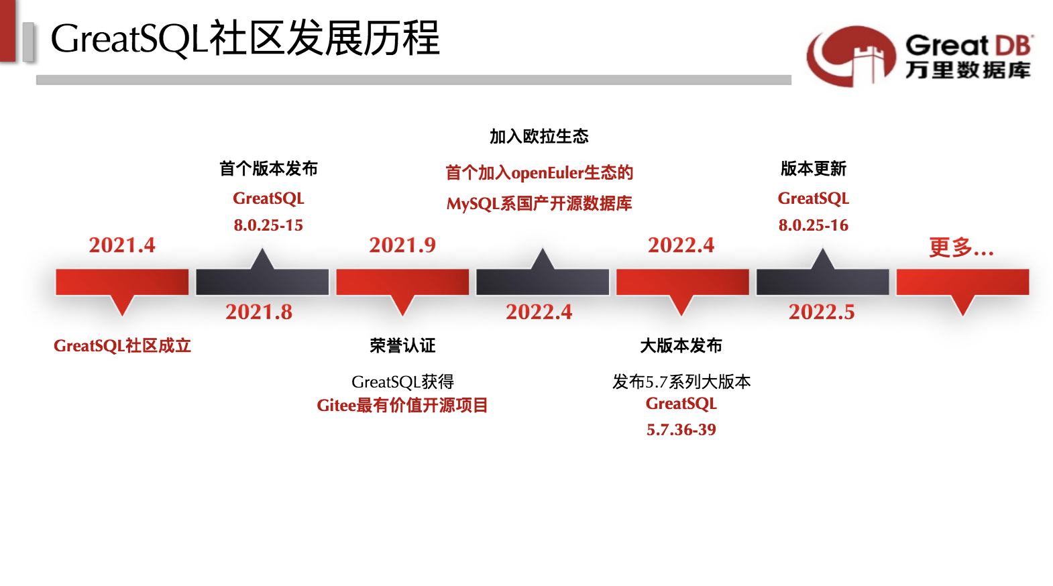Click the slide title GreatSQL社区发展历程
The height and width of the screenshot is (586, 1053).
[x=245, y=38]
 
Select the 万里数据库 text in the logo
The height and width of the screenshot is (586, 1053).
[x=967, y=70]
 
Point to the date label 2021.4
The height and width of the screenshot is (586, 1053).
[x=122, y=245]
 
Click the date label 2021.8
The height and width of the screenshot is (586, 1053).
[x=259, y=312]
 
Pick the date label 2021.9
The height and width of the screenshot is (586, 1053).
[x=402, y=245]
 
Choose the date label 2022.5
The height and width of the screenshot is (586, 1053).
[x=822, y=312]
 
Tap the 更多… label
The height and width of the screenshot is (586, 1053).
[x=961, y=248]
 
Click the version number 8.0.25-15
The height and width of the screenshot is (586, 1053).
[x=268, y=225]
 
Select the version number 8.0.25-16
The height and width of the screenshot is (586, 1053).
[x=813, y=225]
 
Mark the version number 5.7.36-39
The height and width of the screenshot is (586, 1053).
[x=681, y=430]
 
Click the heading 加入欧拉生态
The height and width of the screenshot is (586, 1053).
[x=539, y=137]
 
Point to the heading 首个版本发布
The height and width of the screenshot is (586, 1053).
[x=268, y=168]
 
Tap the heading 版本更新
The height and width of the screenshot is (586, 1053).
[x=813, y=168]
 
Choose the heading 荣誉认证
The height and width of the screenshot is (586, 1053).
[x=402, y=346]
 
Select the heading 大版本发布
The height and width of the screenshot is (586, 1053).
[x=681, y=346]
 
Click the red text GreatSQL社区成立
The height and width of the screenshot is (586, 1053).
[x=122, y=346]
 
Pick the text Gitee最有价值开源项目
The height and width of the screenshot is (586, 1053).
[x=402, y=406]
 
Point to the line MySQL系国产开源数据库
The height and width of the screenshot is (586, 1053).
[x=539, y=204]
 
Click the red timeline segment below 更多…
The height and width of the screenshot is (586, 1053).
[x=962, y=282]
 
